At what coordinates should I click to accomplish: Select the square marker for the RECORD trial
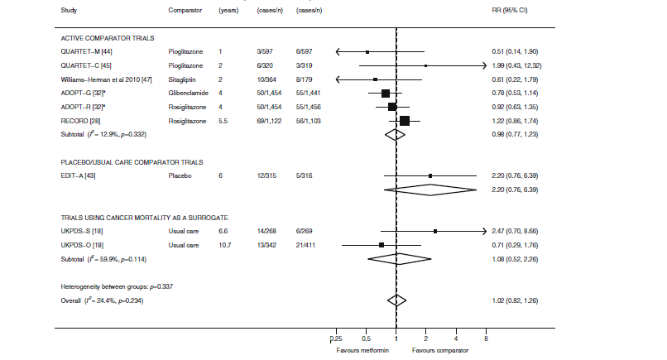404,122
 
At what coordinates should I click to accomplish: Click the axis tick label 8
486,339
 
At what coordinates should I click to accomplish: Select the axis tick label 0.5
366,339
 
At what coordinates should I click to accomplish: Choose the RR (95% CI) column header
509,10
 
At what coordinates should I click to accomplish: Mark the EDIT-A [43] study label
78,176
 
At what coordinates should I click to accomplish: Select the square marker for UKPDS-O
381,245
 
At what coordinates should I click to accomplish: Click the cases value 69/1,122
271,122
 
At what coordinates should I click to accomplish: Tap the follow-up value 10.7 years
224,245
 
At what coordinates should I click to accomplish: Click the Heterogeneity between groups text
117,286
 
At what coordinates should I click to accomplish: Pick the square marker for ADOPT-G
386,93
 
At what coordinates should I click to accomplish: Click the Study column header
70,10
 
